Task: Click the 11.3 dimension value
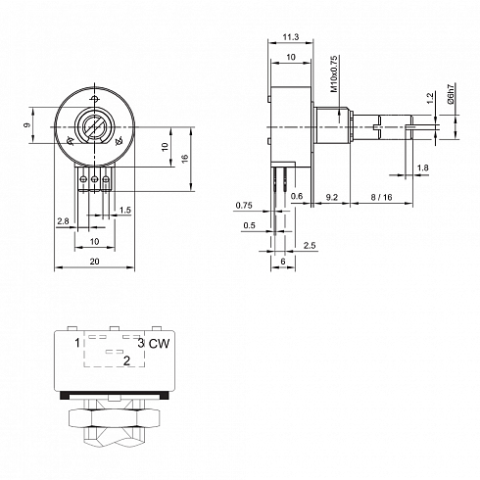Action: point(291,37)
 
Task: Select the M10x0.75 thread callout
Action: point(334,73)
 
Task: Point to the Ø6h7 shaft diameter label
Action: point(451,94)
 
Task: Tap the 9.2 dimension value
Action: point(331,197)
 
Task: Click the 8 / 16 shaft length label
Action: point(381,197)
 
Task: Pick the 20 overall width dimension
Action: point(94,262)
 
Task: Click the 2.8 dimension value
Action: point(63,221)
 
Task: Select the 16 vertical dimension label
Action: point(185,159)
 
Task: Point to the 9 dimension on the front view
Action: point(27,124)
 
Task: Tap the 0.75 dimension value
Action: point(244,206)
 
